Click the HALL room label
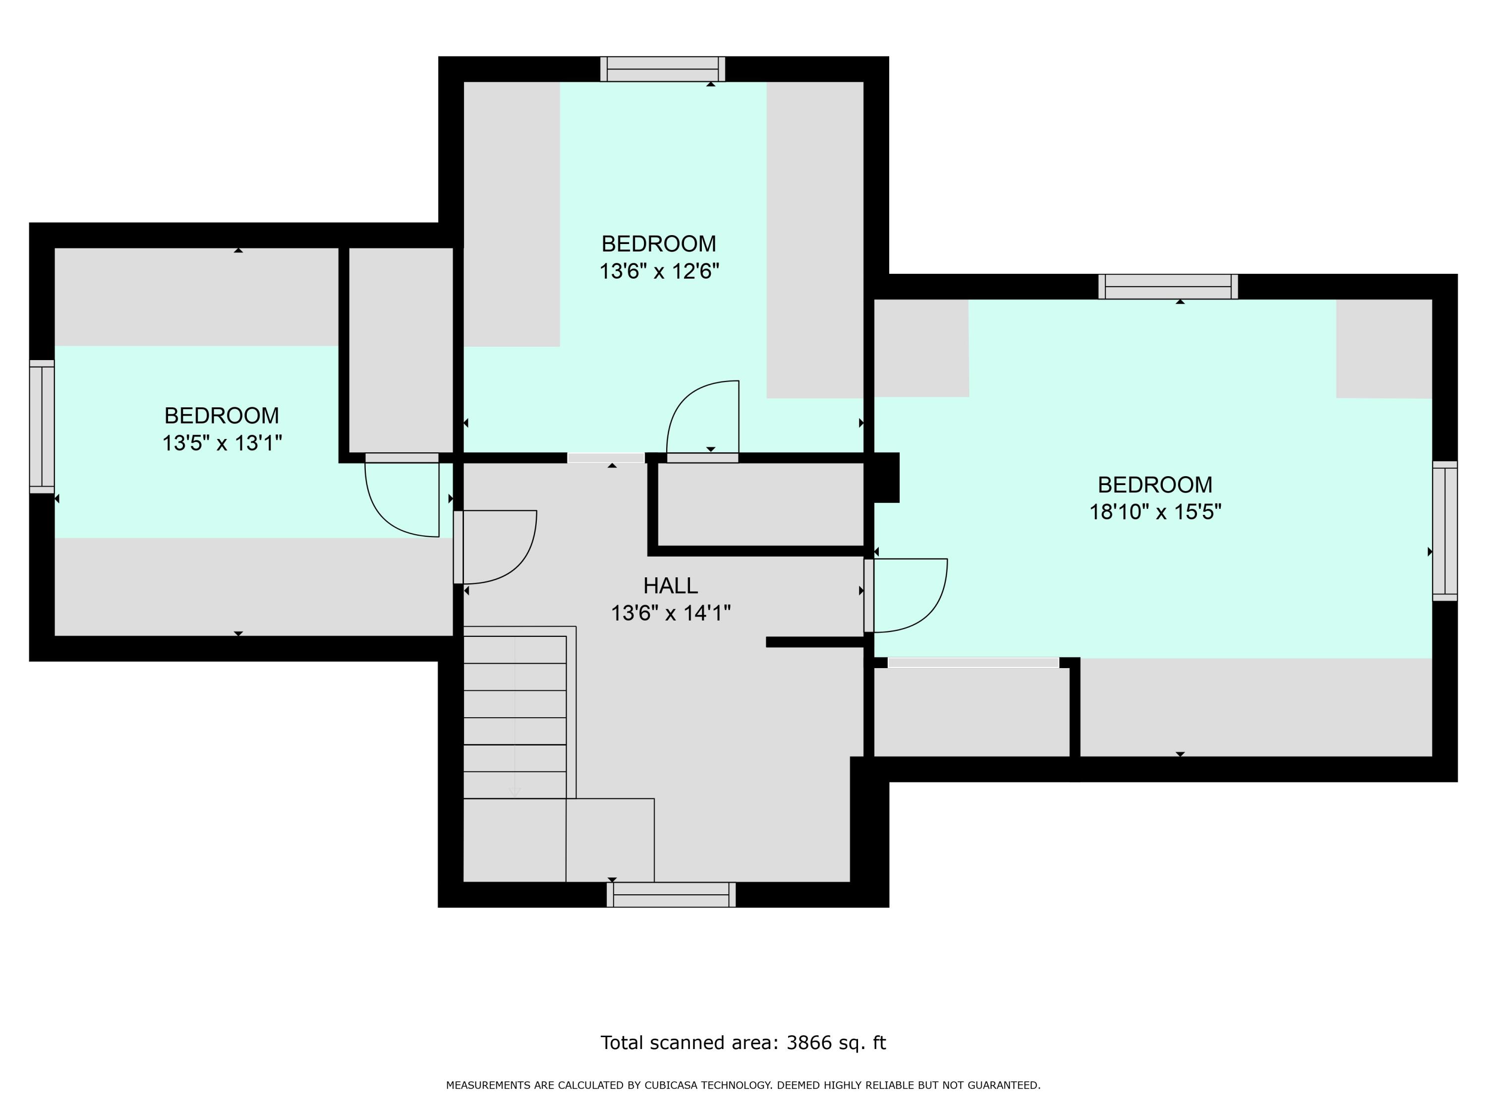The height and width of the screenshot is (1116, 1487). coord(670,586)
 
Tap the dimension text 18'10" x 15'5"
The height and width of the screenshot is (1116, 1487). coord(1155,512)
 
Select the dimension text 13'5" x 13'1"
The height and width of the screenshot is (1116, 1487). coord(222,443)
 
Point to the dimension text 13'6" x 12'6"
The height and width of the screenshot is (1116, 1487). coord(659,271)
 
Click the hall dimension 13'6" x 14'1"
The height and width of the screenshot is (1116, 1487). coord(670,614)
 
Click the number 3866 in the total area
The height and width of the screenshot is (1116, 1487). coord(809,1043)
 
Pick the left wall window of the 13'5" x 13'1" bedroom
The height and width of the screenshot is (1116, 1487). coord(42,427)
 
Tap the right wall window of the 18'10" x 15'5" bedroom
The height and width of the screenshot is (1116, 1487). coord(1445,531)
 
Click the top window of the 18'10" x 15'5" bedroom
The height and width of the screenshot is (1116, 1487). coord(1168,287)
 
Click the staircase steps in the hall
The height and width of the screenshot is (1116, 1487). coord(515,717)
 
